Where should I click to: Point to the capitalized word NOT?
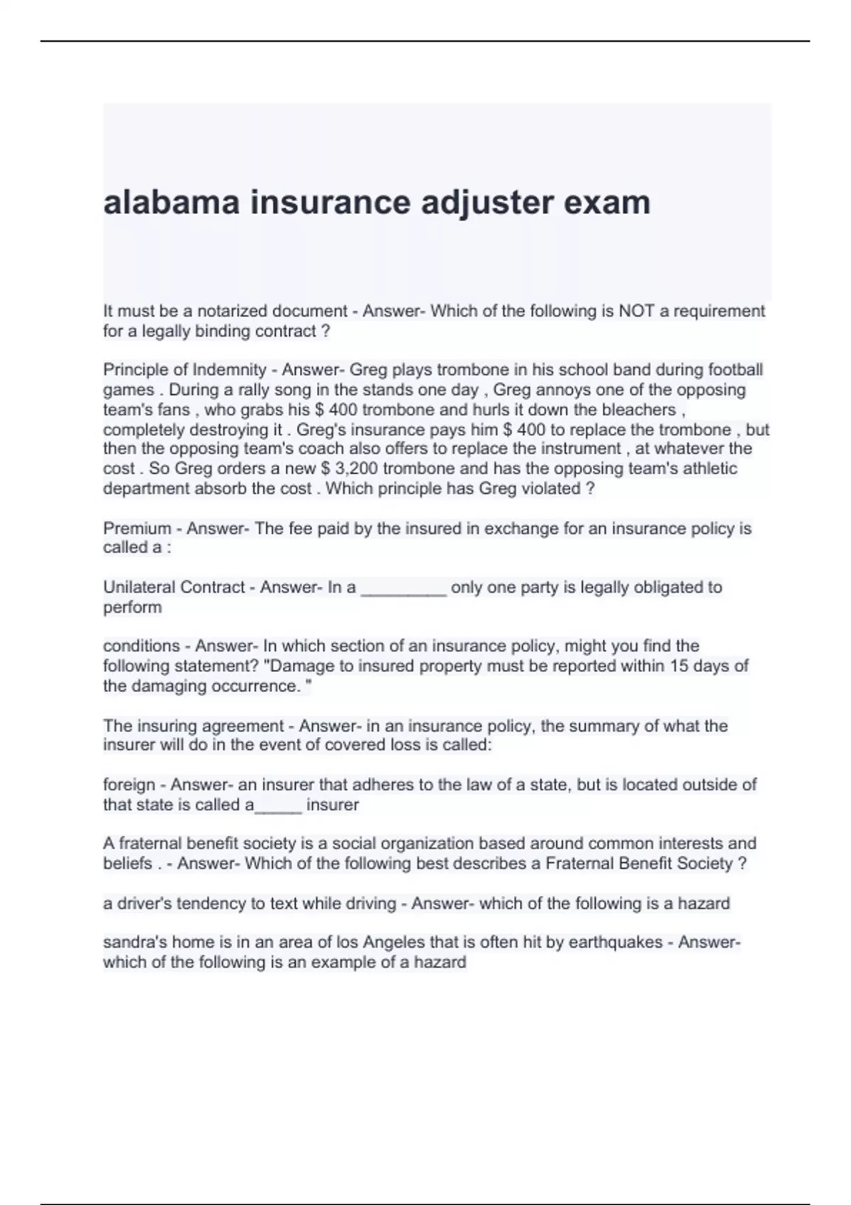pos(637,311)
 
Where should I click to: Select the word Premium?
pos(137,528)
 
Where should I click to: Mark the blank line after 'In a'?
pos(404,590)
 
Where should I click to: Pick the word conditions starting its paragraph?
pos(141,646)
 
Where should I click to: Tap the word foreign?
pos(128,785)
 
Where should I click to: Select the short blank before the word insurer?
pos(278,807)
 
